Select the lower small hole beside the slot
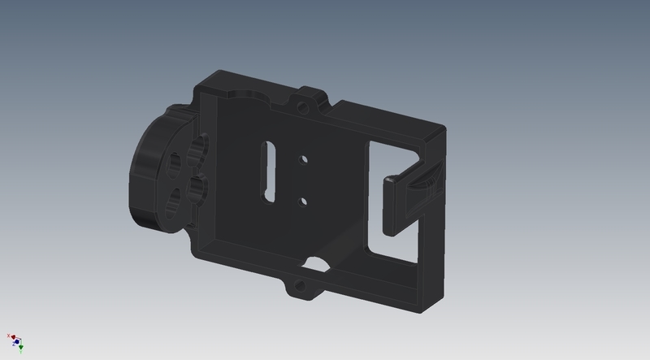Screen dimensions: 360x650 (301, 199)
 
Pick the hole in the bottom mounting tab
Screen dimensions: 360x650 (301, 285)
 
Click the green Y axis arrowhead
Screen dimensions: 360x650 (21, 348)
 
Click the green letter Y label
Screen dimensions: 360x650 (21, 353)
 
